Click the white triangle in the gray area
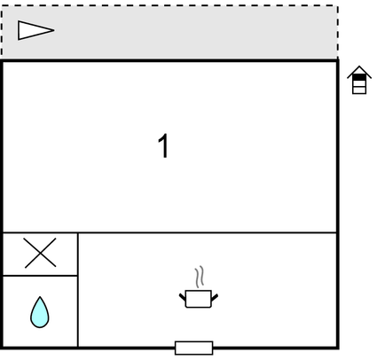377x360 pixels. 33,30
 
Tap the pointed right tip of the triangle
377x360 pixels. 54,30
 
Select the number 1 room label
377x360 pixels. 163,146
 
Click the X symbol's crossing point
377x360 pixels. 40,253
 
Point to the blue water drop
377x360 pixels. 40,313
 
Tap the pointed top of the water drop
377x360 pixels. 40,297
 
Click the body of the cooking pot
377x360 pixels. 199,299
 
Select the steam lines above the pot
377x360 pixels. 200,277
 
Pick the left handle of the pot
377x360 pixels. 183,297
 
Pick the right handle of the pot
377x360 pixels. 215,297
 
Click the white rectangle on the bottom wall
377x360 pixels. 194,348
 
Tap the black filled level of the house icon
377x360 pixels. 359,77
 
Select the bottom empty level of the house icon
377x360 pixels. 359,90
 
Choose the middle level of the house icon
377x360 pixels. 359,83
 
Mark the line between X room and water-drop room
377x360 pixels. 40,276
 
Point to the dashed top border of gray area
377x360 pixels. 169,5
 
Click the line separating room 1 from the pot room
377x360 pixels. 169,233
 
